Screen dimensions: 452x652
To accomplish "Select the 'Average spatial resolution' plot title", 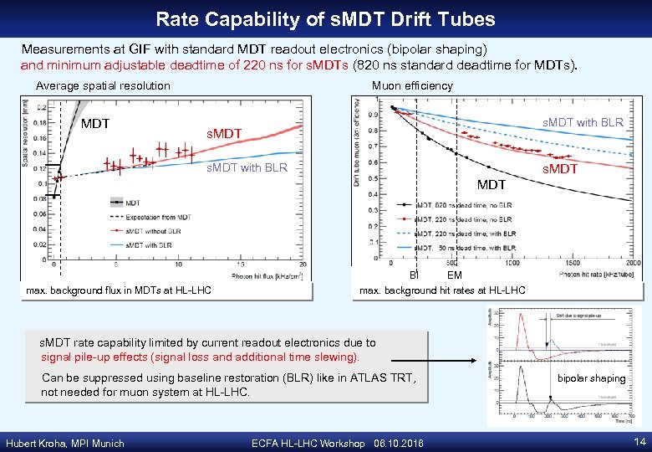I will [x=103, y=85].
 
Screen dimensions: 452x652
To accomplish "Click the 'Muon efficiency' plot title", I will [x=412, y=85].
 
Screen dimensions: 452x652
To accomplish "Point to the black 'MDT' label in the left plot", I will [x=95, y=124].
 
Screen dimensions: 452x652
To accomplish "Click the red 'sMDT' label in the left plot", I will [x=224, y=134].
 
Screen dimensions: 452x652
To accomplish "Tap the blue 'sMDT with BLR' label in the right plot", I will [x=583, y=122].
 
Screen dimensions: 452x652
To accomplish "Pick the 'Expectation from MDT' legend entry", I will [x=158, y=217].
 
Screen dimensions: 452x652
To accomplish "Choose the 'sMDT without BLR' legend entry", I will [x=154, y=230].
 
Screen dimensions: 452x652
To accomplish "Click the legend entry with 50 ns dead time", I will [x=473, y=248].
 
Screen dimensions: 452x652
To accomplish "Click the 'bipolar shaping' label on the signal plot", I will [x=592, y=378].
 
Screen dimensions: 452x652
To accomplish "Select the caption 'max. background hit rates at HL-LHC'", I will [x=442, y=290].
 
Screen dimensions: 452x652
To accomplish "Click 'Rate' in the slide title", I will [x=177, y=18].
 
